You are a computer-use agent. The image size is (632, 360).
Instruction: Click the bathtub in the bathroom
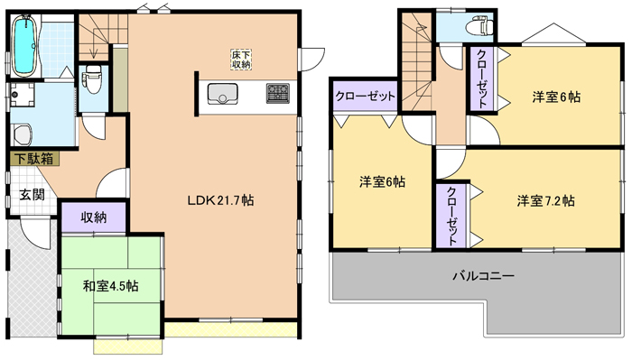point(25,45)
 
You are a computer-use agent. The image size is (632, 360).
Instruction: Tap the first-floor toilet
point(92,79)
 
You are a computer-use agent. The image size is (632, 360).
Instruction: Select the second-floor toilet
point(479,25)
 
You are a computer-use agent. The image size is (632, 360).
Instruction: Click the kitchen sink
point(222,94)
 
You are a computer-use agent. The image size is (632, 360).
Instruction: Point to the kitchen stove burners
point(278,94)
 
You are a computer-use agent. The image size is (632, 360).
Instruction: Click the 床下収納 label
point(241,60)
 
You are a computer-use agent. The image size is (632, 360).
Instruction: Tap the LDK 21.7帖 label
point(220,200)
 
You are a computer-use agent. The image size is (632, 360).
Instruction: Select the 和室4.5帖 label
point(111,286)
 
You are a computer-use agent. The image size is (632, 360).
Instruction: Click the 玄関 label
point(33,195)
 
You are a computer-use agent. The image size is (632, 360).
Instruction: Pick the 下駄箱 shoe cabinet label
point(34,159)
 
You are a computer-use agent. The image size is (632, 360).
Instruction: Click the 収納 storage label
point(94,217)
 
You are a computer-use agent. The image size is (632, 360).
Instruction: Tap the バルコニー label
point(483,276)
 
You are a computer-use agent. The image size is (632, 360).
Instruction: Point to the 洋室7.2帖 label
point(546,200)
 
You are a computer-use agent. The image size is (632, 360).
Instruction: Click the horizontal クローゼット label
point(365,97)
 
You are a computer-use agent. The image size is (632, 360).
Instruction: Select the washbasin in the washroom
point(22,134)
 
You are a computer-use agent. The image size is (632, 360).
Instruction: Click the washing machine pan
point(22,95)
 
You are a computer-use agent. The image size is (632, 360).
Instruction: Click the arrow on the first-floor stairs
point(95,41)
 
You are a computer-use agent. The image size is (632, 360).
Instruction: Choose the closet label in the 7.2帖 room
point(452,217)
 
